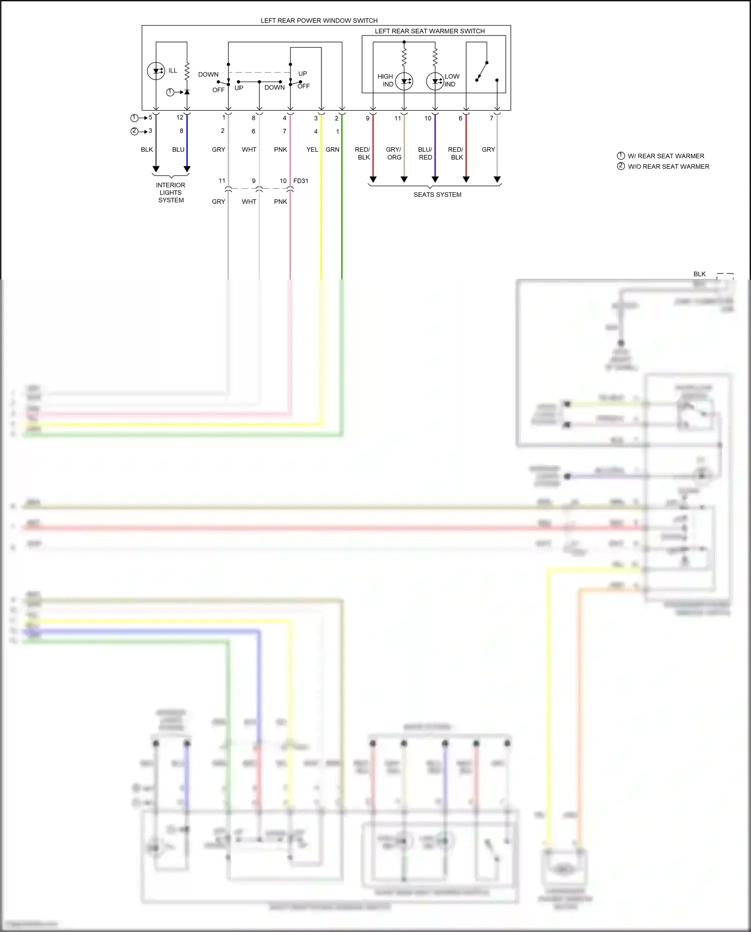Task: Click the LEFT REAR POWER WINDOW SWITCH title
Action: pyautogui.click(x=319, y=21)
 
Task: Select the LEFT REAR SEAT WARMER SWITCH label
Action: pyautogui.click(x=430, y=31)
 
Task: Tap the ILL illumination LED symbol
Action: pyautogui.click(x=156, y=71)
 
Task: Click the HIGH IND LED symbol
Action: pyautogui.click(x=404, y=81)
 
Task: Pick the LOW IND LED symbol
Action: pyautogui.click(x=435, y=81)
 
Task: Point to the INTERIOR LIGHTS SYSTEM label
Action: pyautogui.click(x=171, y=192)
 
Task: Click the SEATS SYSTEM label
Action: pyautogui.click(x=437, y=194)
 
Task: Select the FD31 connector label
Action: pyautogui.click(x=301, y=181)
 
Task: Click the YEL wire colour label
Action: pyautogui.click(x=312, y=149)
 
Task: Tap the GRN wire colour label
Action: pyautogui.click(x=332, y=149)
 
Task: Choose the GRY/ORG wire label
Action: pyautogui.click(x=394, y=153)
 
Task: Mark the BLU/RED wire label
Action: pyautogui.click(x=425, y=153)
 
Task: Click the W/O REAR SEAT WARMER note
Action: pyautogui.click(x=668, y=166)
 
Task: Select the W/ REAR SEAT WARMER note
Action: pyautogui.click(x=666, y=156)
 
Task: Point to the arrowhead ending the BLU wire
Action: pyautogui.click(x=187, y=169)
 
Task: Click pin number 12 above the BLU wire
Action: pyautogui.click(x=180, y=117)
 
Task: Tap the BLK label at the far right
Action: pyautogui.click(x=699, y=274)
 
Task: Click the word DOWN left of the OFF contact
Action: pyautogui.click(x=208, y=74)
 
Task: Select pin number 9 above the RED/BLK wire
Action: pyautogui.click(x=367, y=118)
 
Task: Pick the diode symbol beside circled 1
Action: pyautogui.click(x=187, y=92)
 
